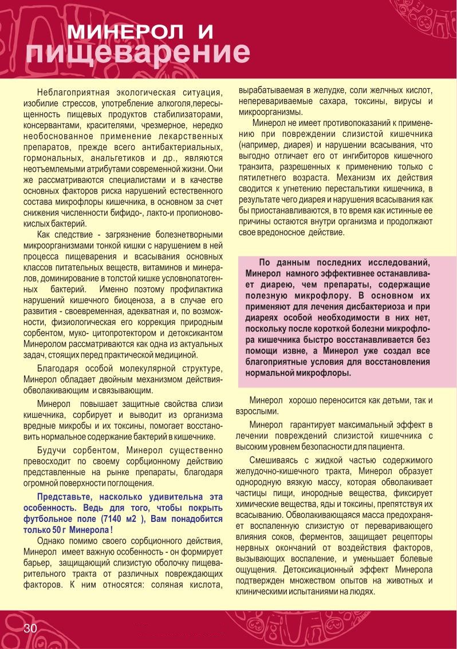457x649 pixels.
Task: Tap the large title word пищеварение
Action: click(x=138, y=53)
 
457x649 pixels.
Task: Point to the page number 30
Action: click(x=30, y=628)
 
